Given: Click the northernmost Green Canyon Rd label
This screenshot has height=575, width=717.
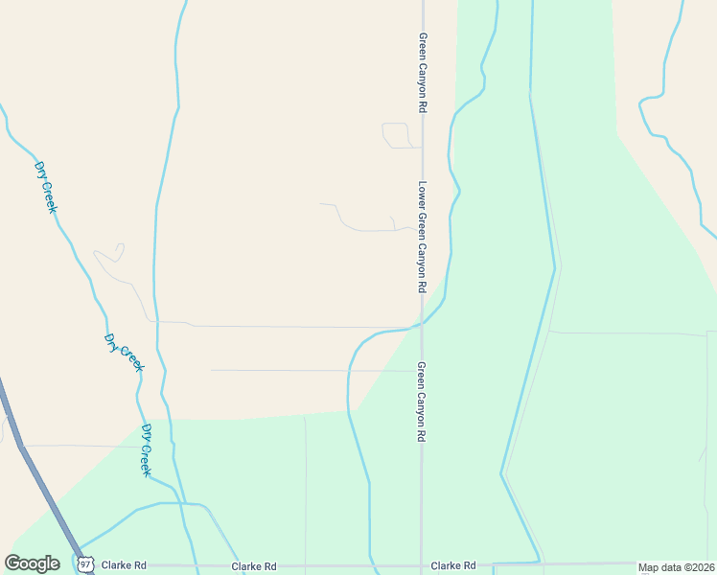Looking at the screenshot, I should point(422,73).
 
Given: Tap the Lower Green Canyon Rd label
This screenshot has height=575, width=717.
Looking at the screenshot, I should point(421,237).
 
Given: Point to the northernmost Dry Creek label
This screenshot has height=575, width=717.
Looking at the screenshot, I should point(45,186).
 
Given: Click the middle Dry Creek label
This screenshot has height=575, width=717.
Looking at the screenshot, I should point(124,353).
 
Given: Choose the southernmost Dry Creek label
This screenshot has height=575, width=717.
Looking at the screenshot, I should point(147,450).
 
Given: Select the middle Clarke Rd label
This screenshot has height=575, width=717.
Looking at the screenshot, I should point(253,566).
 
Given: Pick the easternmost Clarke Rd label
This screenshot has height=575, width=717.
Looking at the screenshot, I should point(453,566).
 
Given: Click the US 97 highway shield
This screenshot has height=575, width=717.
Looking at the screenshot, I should point(86,564).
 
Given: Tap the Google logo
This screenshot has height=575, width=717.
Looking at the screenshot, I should point(33,563).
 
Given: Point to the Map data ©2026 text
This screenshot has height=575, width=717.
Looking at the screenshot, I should point(676,567).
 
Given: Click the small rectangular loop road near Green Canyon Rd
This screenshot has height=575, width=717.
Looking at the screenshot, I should point(397,135).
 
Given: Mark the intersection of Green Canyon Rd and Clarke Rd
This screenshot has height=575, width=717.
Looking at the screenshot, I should point(421,564).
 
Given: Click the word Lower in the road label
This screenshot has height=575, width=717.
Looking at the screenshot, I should point(421,196).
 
